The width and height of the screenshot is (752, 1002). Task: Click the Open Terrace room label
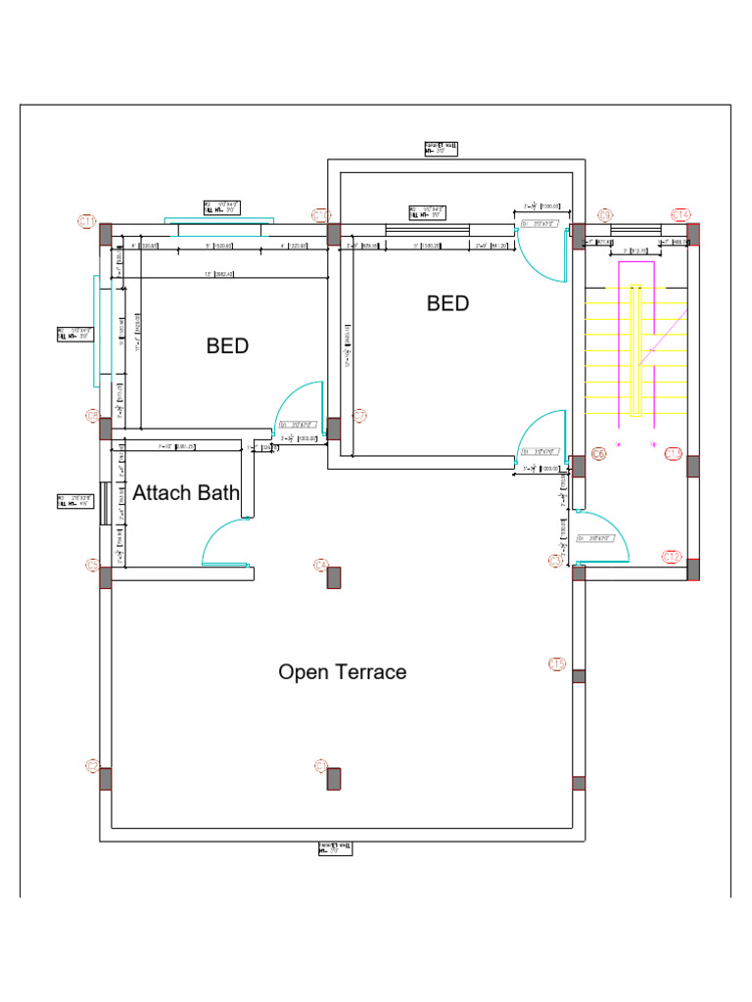(342, 672)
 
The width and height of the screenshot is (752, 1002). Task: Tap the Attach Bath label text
(186, 493)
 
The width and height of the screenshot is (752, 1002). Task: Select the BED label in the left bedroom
(227, 346)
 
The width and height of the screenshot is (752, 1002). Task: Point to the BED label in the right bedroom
(447, 303)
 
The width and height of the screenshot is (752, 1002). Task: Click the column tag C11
(86, 222)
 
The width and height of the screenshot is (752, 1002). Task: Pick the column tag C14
(681, 215)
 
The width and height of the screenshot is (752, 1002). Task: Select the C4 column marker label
(320, 565)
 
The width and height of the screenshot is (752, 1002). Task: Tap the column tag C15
(557, 664)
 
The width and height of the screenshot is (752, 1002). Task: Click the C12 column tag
(672, 557)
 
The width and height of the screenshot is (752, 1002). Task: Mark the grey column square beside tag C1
(106, 779)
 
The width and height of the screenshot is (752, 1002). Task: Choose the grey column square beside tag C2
(333, 779)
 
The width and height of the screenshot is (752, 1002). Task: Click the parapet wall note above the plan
(441, 149)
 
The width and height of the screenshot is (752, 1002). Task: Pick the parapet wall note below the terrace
(335, 847)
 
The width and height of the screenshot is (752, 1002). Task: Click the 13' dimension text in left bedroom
(209, 274)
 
